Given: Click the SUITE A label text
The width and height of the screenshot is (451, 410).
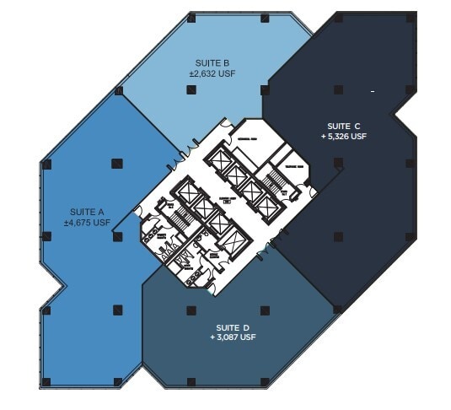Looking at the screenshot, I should pos(87,213).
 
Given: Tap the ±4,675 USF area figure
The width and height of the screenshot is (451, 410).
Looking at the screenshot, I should pos(87,223).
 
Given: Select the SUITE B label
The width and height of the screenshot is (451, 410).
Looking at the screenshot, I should pos(212,62).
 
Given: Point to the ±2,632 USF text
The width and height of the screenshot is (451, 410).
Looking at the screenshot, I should pos(212,73).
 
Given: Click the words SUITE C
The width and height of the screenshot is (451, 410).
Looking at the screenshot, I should pos(343,125).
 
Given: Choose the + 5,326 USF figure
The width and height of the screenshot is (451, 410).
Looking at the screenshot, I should pos(343,136).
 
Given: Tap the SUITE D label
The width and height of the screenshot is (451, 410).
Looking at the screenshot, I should pos(232,326).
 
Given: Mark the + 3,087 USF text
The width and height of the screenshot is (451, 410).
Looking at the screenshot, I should pos(232,337).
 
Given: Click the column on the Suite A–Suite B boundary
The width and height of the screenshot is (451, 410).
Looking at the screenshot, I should pos(119,90).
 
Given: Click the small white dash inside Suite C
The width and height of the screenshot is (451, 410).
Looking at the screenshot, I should pos(371,89).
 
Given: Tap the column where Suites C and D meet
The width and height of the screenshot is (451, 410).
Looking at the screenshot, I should pos(337,310).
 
